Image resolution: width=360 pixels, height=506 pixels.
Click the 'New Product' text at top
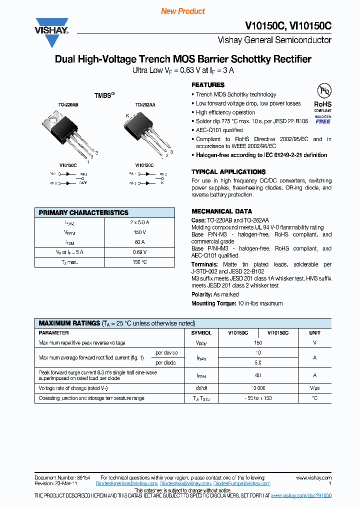(x=183, y=11)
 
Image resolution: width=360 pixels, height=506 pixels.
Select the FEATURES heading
(x=208, y=85)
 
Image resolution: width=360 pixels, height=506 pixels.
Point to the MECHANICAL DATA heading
(x=221, y=211)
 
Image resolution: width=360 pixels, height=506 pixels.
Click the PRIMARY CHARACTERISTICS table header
(x=83, y=212)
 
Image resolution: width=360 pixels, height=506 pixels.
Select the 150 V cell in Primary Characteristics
(x=139, y=232)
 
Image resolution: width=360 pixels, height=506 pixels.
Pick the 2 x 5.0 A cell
(x=139, y=222)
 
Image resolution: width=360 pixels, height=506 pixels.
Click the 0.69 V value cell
(x=139, y=252)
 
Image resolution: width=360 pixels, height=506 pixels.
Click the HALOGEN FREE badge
(x=322, y=119)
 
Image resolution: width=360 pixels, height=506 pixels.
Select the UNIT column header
(x=314, y=332)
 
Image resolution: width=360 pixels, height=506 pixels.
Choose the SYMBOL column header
(x=201, y=332)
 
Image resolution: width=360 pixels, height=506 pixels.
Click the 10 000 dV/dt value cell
(x=258, y=388)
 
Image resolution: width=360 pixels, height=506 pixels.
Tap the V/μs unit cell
(x=314, y=388)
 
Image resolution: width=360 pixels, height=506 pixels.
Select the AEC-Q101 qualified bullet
(x=219, y=130)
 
